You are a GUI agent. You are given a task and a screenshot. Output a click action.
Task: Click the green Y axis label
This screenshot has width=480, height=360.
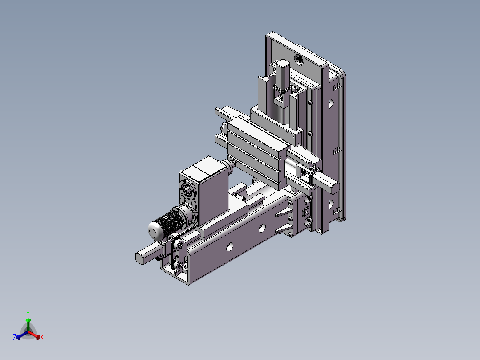[28, 313]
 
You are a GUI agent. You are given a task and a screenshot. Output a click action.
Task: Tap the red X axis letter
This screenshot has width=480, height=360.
[42, 338]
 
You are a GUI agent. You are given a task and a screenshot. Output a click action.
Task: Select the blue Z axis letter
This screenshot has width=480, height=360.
[14, 338]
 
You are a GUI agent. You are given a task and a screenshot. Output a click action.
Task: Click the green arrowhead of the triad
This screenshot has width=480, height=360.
[28, 320]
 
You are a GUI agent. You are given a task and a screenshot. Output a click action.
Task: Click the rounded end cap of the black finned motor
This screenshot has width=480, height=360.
[154, 231]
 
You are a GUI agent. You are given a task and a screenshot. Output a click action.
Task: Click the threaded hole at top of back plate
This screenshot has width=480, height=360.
[297, 59]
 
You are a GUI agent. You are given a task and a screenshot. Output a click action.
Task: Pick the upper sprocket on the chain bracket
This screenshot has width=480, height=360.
[180, 244]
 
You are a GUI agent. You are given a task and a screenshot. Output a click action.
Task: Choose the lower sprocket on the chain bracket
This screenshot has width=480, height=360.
[180, 266]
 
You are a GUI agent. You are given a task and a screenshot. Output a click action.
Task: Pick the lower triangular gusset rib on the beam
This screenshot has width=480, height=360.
[283, 230]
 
